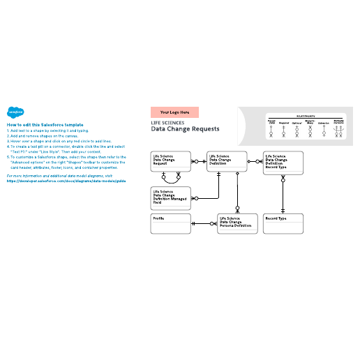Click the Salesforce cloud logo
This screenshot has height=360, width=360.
tap(15, 111)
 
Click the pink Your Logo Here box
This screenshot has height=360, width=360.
tap(174, 112)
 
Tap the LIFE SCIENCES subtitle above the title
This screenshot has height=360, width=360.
tap(167, 122)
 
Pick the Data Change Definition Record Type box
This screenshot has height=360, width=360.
tap(283, 162)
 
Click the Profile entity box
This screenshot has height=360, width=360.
tap(170, 224)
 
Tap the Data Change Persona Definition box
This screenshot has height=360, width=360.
tap(237, 224)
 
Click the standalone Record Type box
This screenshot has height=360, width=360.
tap(283, 224)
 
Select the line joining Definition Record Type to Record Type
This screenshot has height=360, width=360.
tap(283, 193)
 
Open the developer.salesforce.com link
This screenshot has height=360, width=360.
tap(67, 180)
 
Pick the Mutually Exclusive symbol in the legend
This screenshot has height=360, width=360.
tap(339, 128)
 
